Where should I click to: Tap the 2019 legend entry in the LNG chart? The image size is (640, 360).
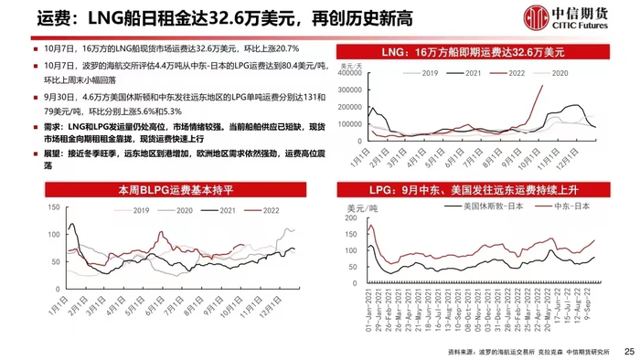click(x=424, y=71)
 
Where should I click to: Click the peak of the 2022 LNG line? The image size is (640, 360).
click(x=544, y=86)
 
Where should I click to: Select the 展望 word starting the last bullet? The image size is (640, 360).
click(x=38, y=155)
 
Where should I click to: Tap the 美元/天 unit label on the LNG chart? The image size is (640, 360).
click(x=354, y=66)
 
